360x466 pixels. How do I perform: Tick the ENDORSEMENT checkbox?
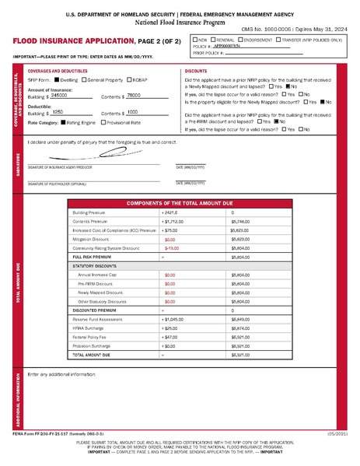(x=248, y=38)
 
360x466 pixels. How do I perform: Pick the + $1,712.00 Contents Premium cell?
(x=173, y=222)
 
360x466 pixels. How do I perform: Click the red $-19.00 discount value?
(x=171, y=248)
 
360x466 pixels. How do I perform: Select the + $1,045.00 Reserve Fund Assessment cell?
(x=174, y=319)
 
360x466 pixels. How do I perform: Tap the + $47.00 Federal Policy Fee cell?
(x=171, y=337)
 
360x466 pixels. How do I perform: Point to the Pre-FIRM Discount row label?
(x=96, y=284)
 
